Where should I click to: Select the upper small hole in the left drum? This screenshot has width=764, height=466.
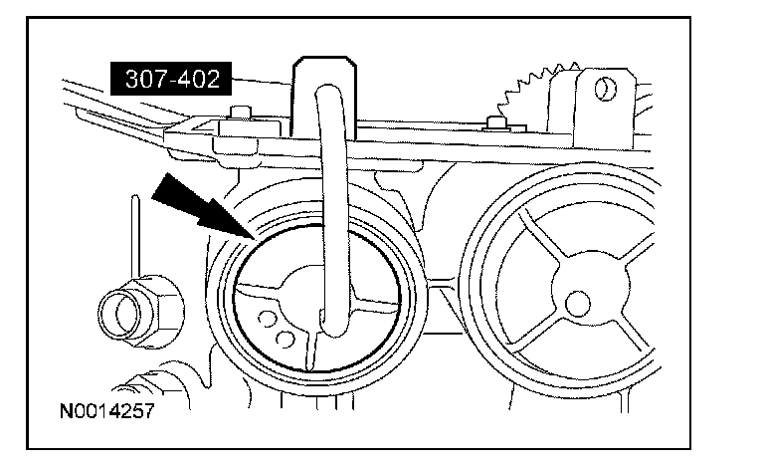point(266,319)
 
